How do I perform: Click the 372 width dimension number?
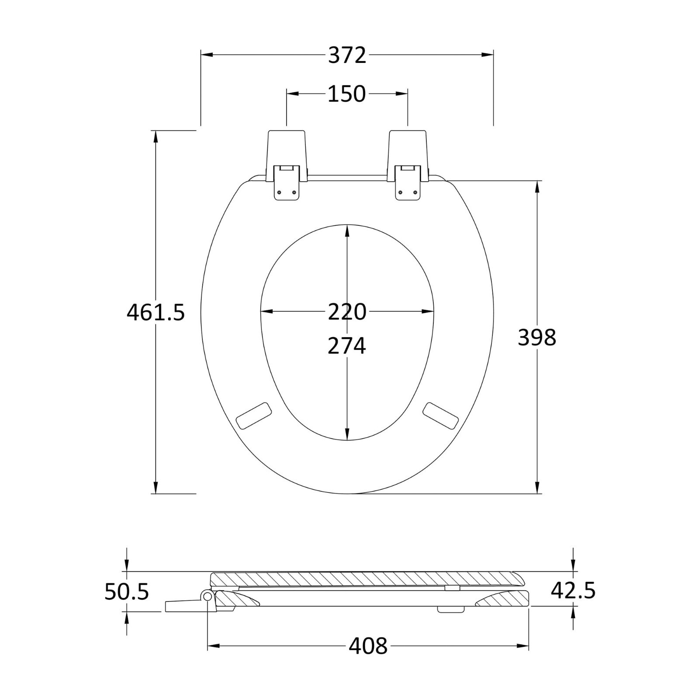click(347, 56)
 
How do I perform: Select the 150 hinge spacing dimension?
click(347, 94)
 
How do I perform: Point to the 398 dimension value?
click(537, 337)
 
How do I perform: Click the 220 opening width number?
click(347, 312)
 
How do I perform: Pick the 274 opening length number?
click(347, 346)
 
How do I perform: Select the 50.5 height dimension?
click(127, 592)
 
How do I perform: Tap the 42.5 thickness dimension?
click(573, 591)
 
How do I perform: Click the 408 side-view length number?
click(368, 646)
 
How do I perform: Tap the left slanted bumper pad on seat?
click(254, 415)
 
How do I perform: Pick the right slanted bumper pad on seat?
click(441, 415)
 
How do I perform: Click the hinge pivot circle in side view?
click(208, 596)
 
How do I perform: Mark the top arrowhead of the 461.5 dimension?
click(156, 136)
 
